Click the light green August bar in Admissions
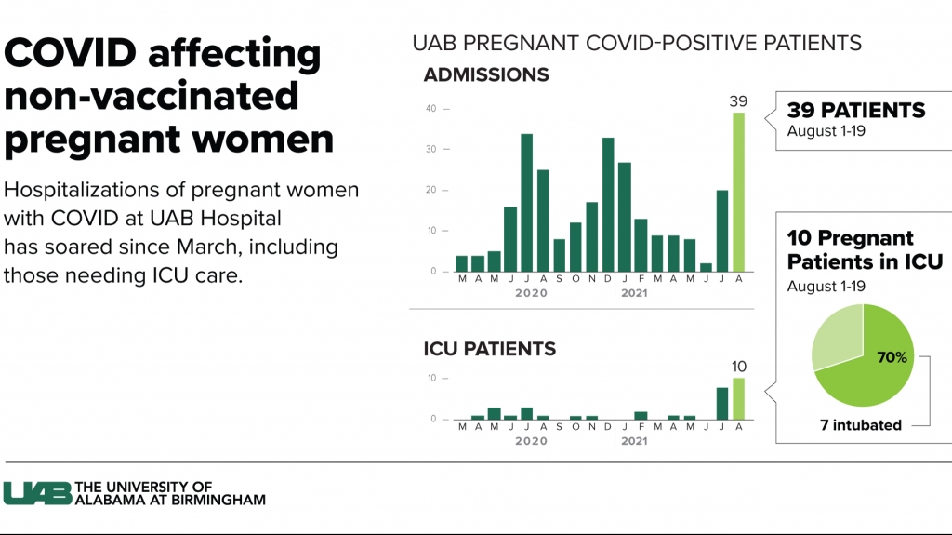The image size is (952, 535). (738, 192)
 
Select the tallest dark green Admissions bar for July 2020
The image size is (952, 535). (526, 203)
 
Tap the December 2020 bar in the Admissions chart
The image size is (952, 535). (608, 205)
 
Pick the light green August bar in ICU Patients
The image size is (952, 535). (738, 399)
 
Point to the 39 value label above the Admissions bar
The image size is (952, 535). (738, 100)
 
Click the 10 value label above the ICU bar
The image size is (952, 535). (739, 367)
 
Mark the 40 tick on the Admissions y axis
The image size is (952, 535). (431, 108)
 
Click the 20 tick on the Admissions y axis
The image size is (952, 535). (431, 190)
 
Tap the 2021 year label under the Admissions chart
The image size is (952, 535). (634, 293)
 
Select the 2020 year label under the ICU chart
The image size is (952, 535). (531, 441)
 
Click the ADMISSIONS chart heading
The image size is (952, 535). (486, 74)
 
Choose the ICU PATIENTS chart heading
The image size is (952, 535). (489, 349)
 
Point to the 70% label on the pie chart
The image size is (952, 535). (892, 357)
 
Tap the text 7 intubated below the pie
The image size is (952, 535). (860, 425)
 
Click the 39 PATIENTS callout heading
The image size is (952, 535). (856, 110)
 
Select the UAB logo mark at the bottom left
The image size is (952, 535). (37, 493)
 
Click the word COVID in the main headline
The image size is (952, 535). (71, 52)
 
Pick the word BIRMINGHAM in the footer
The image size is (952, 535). (218, 500)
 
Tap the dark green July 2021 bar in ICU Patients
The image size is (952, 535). (721, 404)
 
